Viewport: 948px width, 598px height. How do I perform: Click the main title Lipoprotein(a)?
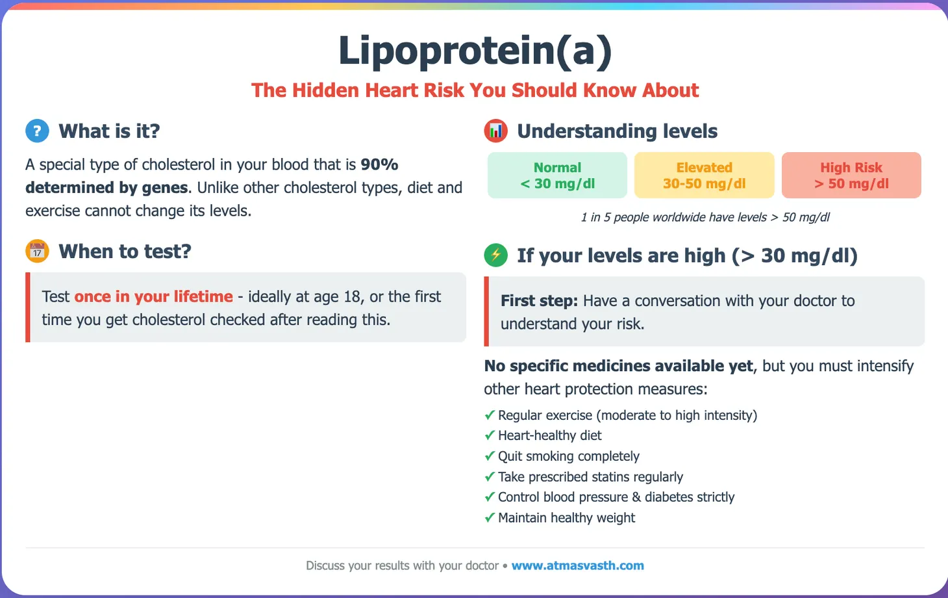(x=475, y=51)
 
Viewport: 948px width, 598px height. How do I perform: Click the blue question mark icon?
(x=37, y=131)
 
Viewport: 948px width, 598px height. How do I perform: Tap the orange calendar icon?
(x=37, y=251)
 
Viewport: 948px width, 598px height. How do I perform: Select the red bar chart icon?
(x=495, y=131)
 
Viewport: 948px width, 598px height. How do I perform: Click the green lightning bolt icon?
(x=495, y=255)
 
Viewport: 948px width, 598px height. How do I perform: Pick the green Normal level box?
(x=557, y=175)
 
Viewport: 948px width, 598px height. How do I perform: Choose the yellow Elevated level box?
(x=704, y=175)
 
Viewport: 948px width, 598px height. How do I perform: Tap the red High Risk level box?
(x=851, y=175)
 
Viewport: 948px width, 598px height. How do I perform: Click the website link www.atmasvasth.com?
(x=577, y=565)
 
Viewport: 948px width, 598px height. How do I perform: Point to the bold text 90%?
(x=379, y=164)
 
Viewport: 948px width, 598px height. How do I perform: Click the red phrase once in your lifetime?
(x=153, y=296)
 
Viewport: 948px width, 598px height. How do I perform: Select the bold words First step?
(x=539, y=301)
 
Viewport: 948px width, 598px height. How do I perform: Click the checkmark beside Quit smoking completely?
(x=490, y=456)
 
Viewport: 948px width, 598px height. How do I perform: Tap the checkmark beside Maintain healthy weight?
(x=490, y=518)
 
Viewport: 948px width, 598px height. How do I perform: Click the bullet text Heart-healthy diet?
(x=549, y=435)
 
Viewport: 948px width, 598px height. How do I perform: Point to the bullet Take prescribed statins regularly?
(x=590, y=477)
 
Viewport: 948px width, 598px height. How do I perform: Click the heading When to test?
(x=125, y=252)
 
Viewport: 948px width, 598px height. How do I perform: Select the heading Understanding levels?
(x=617, y=131)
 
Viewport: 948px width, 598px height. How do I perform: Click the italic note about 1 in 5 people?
(x=705, y=217)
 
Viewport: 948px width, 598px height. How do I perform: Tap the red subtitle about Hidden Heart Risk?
(x=475, y=90)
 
